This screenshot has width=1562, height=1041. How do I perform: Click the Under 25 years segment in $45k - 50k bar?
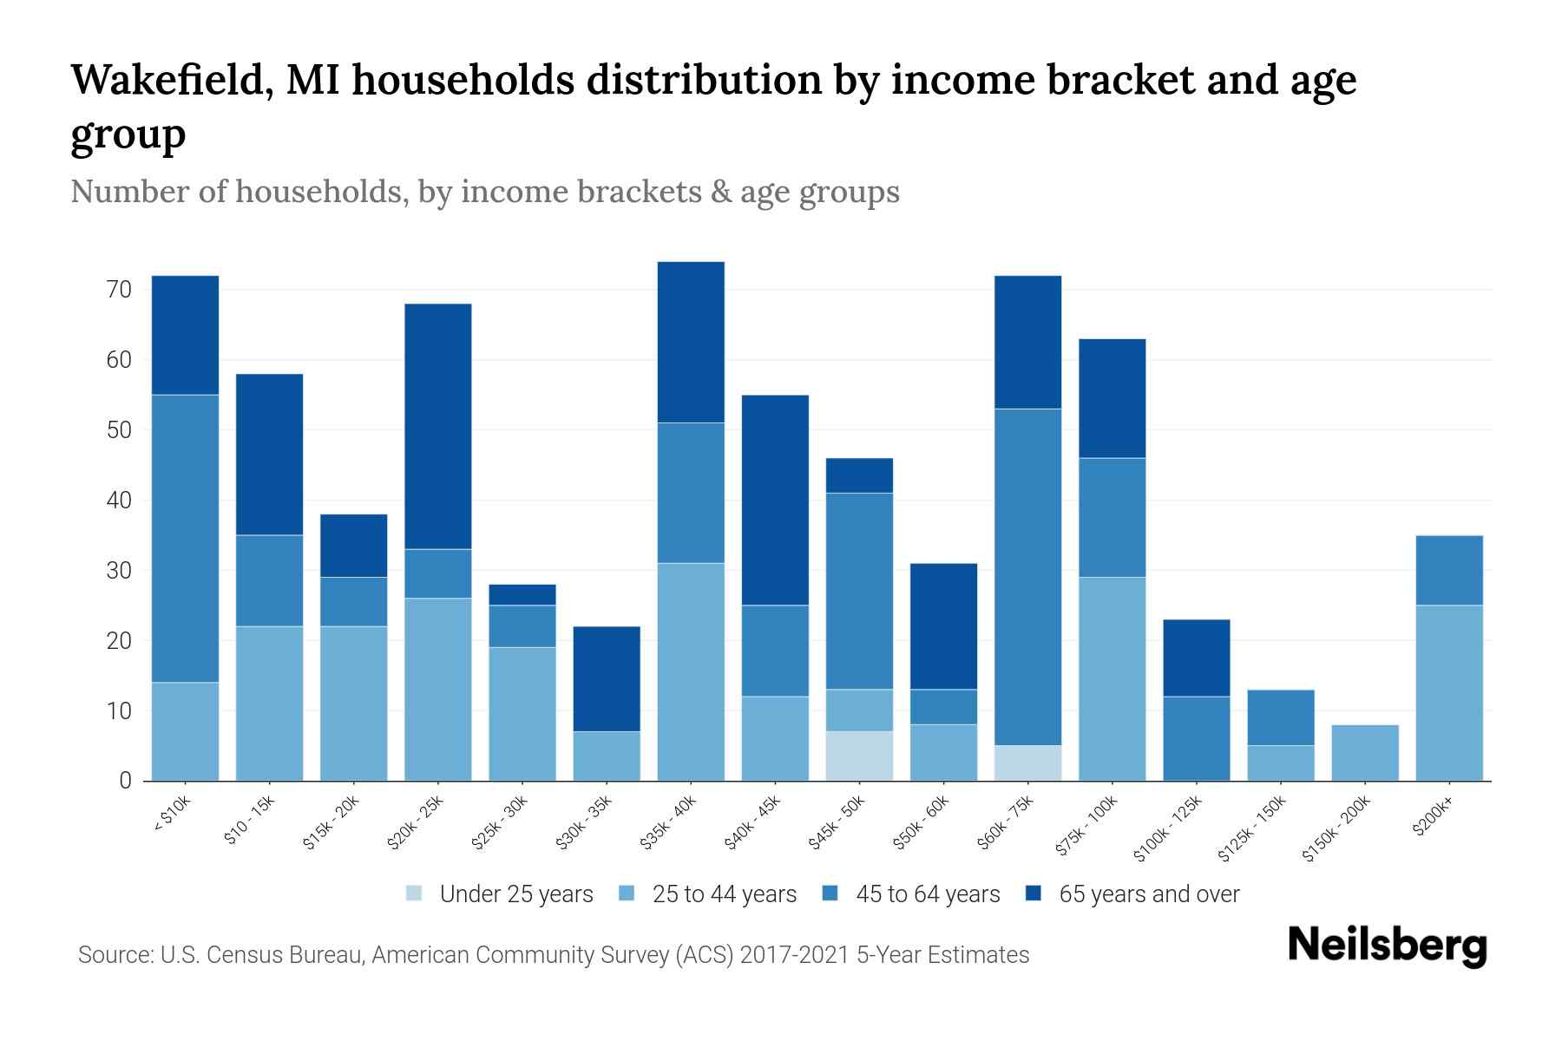(x=858, y=756)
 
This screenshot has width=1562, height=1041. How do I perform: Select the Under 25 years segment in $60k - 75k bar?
(x=1027, y=763)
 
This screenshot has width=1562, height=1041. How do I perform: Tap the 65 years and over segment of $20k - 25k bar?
(x=438, y=426)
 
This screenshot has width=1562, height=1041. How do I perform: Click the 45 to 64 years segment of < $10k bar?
(x=185, y=538)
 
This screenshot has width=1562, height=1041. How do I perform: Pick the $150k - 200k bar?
(x=1364, y=752)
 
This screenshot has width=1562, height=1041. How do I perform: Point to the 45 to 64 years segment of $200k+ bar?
(x=1448, y=570)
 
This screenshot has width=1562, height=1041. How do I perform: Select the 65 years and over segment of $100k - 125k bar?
(x=1196, y=658)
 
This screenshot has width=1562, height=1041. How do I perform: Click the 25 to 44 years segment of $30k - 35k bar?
(x=607, y=756)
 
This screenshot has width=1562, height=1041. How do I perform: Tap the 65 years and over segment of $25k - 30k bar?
(x=522, y=594)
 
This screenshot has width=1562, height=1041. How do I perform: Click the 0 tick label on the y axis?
(x=126, y=781)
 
